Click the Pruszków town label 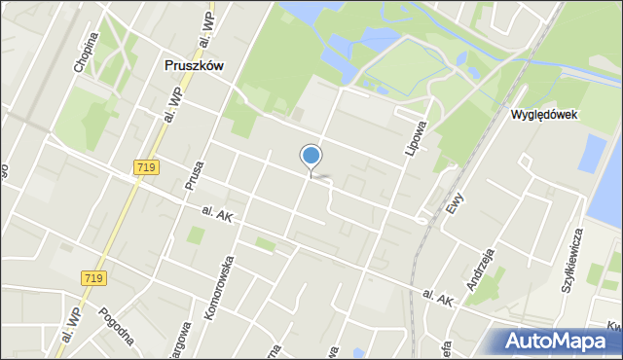(x=192, y=66)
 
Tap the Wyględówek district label (x=545, y=114)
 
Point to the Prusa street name (x=194, y=176)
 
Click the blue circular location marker (x=311, y=156)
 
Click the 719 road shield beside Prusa (x=147, y=168)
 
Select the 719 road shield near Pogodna (x=93, y=278)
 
